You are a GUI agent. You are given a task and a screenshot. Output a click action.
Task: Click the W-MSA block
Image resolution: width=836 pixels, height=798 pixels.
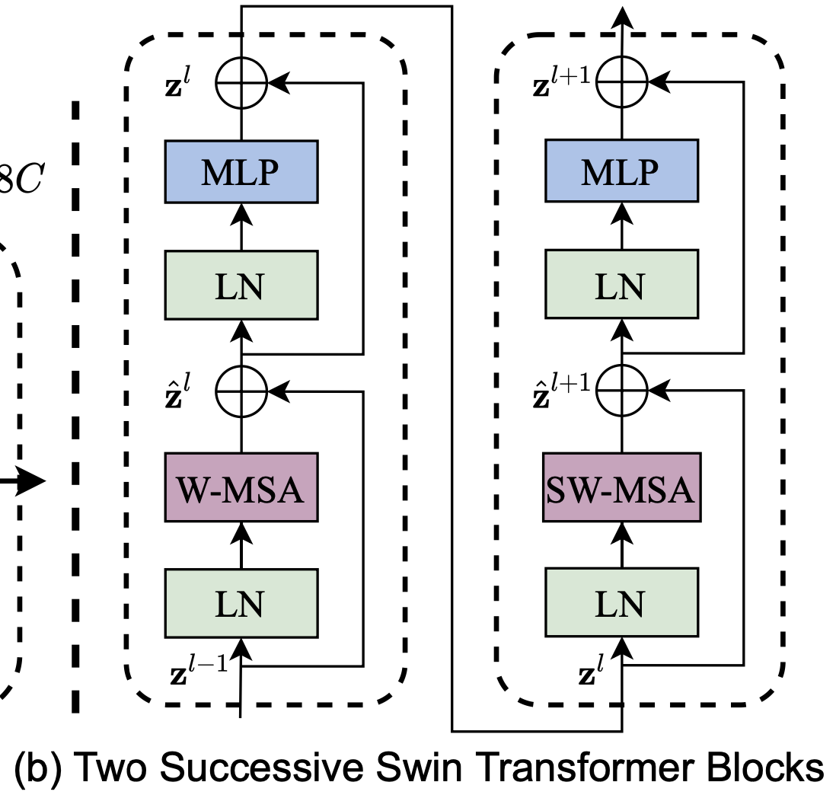pos(241,488)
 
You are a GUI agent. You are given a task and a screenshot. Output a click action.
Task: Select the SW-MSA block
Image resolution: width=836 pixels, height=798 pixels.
pos(621,488)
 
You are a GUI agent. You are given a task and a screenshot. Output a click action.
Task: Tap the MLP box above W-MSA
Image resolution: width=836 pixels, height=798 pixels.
pos(241,171)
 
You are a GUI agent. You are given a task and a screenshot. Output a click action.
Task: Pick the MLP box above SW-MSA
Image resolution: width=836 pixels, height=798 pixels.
pos(621,171)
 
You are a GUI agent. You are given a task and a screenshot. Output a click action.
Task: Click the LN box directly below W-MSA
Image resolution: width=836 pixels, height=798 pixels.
pos(241,604)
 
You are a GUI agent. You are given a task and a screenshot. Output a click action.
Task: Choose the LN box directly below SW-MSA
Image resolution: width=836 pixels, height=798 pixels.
pos(621,604)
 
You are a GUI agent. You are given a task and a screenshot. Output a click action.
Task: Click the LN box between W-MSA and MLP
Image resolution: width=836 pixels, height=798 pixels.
pos(241,287)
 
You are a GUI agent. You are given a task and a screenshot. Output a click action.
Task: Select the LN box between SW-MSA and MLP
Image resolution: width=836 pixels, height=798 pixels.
pos(621,287)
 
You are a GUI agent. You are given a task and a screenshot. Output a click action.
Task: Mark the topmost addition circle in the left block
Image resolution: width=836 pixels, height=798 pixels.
pos(241,78)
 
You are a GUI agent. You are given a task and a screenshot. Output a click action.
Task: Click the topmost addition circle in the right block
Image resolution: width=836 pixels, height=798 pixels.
pos(621,78)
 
